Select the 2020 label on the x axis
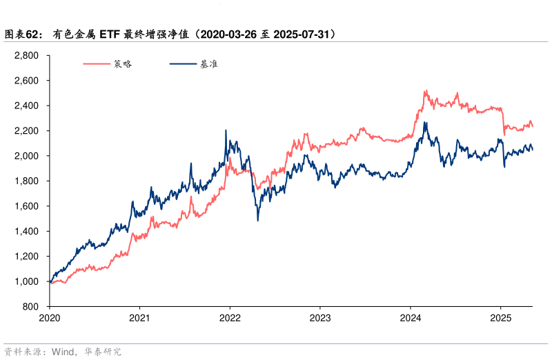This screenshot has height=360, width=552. pos(50,319)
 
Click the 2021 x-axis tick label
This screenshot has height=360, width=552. pos(139,319)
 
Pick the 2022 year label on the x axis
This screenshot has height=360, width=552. pos(230,319)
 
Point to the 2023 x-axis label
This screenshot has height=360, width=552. pos(319,319)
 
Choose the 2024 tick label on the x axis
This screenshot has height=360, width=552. pos(410,319)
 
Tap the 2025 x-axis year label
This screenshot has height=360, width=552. pos(500,319)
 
